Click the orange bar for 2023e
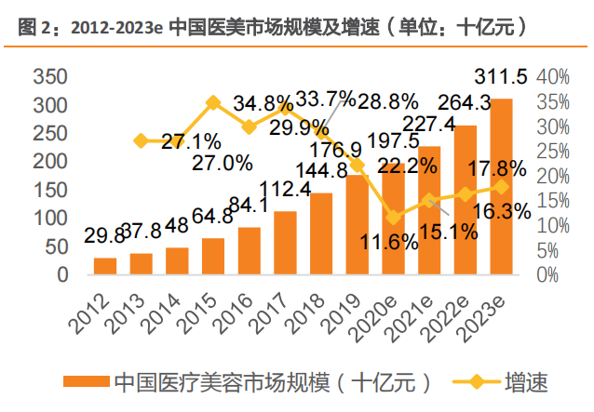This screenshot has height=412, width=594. click(x=501, y=187)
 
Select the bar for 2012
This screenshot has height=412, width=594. click(x=106, y=266)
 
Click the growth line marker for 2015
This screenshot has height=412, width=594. click(x=213, y=101)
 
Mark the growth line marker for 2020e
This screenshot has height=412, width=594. click(x=393, y=217)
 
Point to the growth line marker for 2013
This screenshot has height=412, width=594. click(x=142, y=140)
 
